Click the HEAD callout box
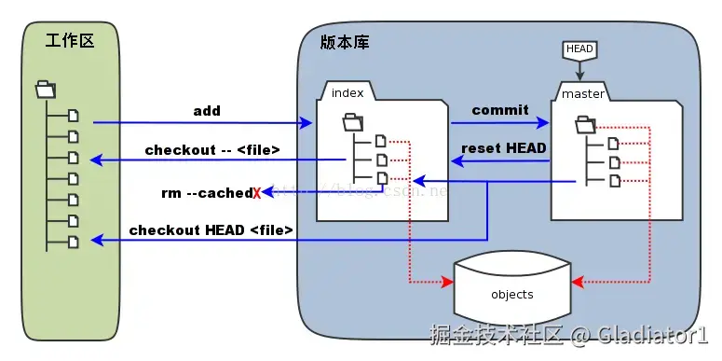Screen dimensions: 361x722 tap(579, 49)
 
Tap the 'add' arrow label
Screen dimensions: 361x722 tap(206, 111)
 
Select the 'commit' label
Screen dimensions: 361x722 tap(500, 110)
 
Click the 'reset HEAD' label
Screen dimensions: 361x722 tap(504, 147)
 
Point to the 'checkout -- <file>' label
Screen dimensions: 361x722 tap(212, 149)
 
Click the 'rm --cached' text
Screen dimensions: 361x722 tap(206, 193)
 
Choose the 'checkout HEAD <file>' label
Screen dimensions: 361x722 tap(211, 229)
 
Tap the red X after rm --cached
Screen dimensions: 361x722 tap(256, 193)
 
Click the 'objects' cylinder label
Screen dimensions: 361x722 tap(511, 295)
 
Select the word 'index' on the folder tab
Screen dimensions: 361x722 tap(347, 92)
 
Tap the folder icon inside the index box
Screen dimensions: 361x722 tap(353, 121)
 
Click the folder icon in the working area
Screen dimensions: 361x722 tap(45, 90)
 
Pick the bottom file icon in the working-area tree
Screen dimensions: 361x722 tap(74, 241)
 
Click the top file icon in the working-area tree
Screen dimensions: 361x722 tap(74, 116)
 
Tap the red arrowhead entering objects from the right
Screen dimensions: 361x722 tap(577, 280)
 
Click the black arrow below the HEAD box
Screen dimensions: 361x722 tap(579, 71)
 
